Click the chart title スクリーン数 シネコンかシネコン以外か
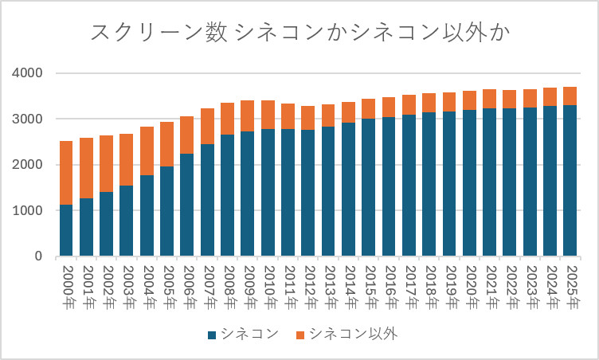[x=300, y=32]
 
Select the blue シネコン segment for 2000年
[x=66, y=230]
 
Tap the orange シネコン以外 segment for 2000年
[x=66, y=173]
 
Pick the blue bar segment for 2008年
[x=227, y=195]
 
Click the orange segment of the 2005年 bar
[x=167, y=144]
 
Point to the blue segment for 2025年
[x=570, y=180]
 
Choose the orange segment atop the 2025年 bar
[x=570, y=96]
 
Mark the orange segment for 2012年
[x=308, y=118]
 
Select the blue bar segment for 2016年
[x=389, y=186]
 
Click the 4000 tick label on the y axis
[x=27, y=73]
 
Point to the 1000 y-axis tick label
[x=27, y=210]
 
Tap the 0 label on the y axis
[x=38, y=256]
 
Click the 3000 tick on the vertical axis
[x=27, y=119]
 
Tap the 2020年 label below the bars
[x=472, y=288]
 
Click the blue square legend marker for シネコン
[x=212, y=335]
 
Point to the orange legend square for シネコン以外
[x=300, y=335]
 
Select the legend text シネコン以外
[x=354, y=334]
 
